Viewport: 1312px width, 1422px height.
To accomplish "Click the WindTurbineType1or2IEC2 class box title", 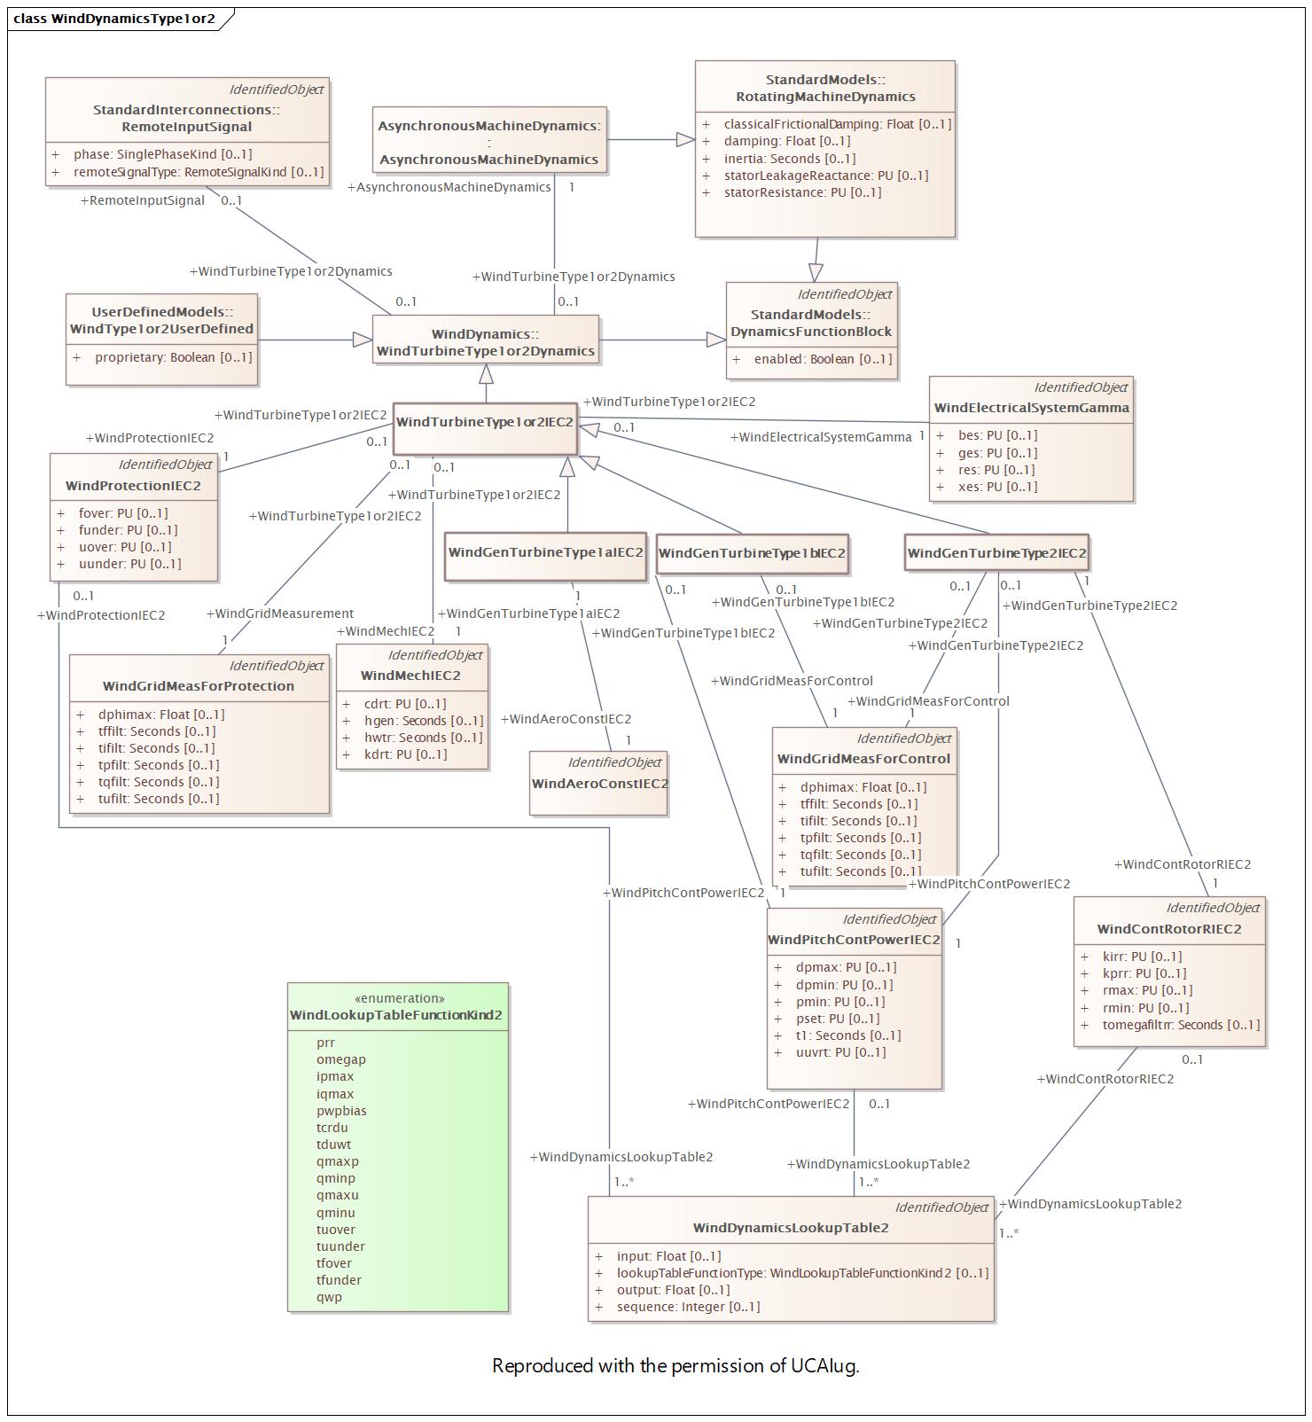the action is [x=485, y=422].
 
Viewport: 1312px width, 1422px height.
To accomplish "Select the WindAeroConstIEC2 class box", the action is [x=598, y=784].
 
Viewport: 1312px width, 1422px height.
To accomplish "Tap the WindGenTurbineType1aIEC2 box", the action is [x=545, y=557].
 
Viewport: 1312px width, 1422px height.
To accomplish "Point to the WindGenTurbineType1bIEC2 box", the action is [x=752, y=554].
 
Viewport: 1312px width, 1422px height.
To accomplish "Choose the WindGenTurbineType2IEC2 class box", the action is [x=996, y=553].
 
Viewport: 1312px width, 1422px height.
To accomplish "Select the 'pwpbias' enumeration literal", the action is [x=341, y=1111].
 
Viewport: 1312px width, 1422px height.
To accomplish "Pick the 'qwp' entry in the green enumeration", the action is [x=329, y=1297].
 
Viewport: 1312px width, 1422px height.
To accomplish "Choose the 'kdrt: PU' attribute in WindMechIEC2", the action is [x=394, y=754].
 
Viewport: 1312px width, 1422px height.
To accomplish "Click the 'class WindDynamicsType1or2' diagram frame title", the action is [x=114, y=19].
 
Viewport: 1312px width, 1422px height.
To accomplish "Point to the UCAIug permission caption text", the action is [x=676, y=1365].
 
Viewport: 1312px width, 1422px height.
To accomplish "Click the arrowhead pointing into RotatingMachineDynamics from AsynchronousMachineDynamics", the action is [x=685, y=139].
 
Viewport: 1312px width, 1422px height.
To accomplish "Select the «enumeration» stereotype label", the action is [x=400, y=998].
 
